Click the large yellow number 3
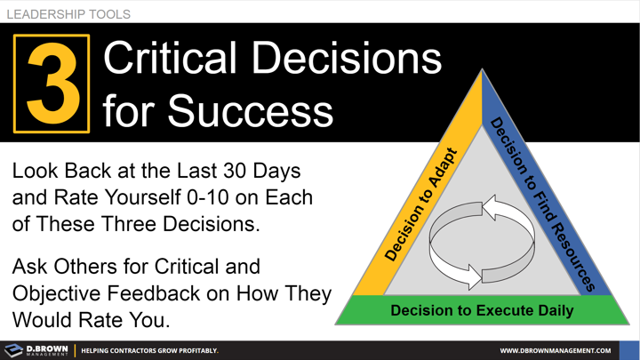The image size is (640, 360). (52, 83)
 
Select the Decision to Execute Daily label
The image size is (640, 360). (482, 310)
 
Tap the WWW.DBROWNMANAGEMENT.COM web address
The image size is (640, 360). (573, 350)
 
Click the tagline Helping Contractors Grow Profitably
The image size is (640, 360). (149, 350)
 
